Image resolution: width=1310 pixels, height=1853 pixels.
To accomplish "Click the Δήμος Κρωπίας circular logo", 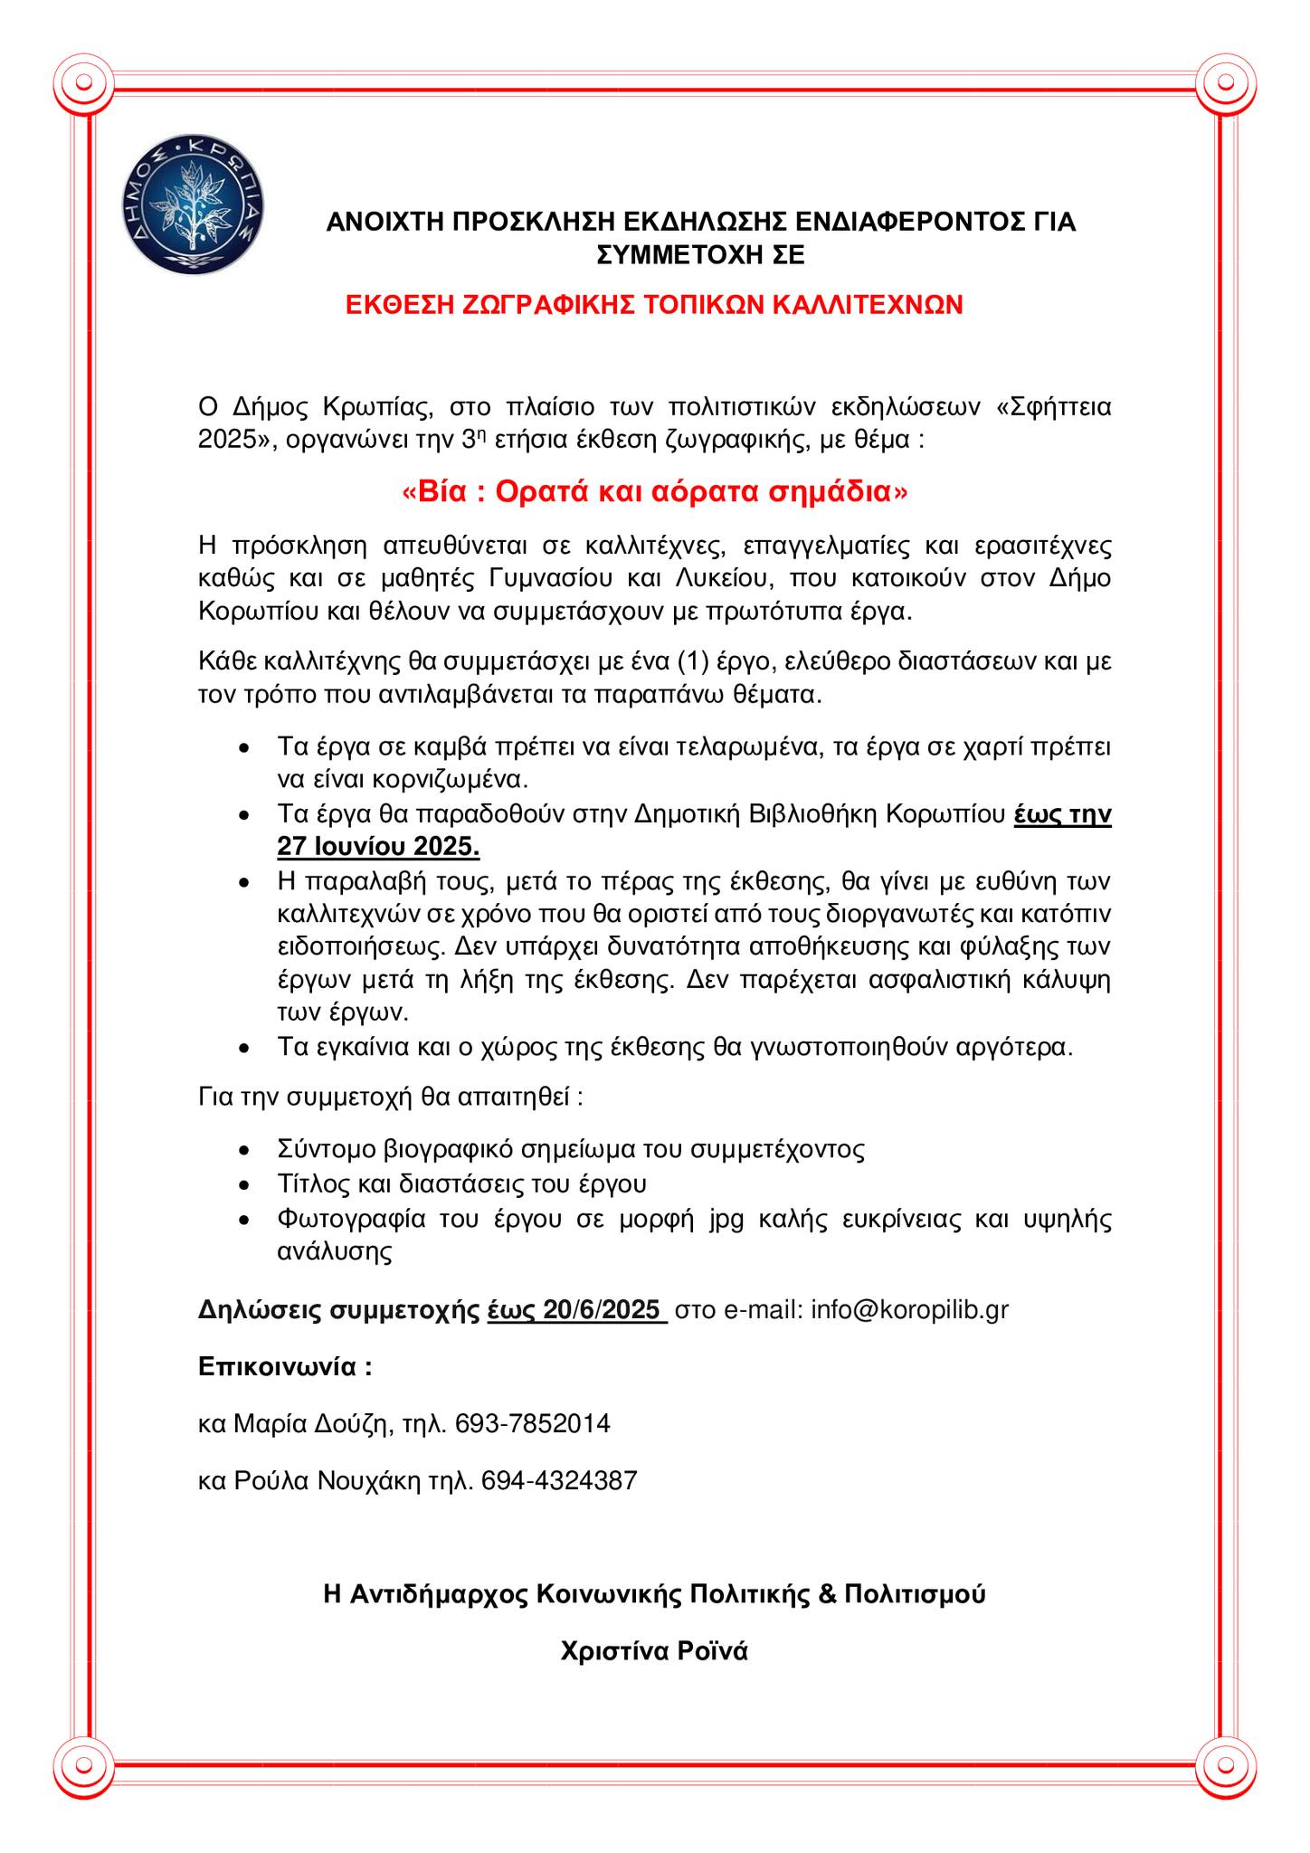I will tap(189, 206).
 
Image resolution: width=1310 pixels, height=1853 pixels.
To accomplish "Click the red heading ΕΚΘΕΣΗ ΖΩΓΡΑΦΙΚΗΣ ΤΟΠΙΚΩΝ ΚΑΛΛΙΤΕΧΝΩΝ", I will tap(654, 305).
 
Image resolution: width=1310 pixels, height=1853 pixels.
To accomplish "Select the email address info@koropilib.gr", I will tap(909, 1310).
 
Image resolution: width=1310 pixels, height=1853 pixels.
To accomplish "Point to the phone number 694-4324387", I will tap(559, 1481).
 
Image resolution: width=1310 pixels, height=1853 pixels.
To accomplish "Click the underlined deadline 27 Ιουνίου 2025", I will tap(378, 847).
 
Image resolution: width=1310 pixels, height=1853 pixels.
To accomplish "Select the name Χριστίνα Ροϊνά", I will tap(654, 1651).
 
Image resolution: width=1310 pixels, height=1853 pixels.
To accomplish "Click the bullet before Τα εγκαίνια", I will tap(242, 1049).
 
